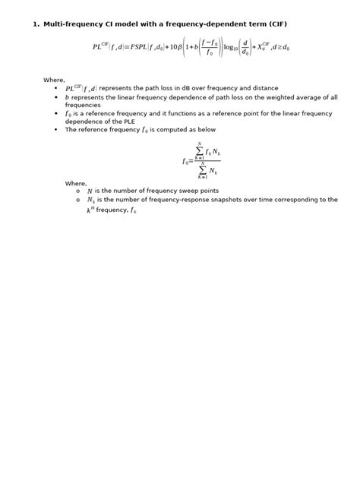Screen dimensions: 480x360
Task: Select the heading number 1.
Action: coord(34,25)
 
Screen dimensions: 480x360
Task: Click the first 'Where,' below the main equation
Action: coord(54,79)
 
